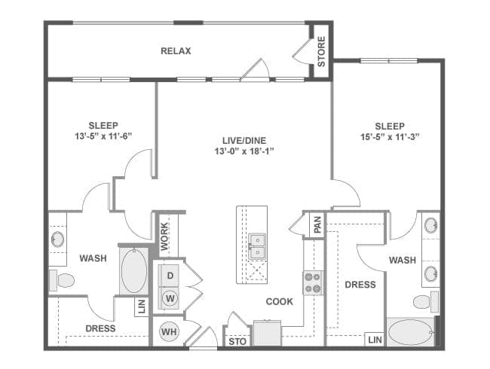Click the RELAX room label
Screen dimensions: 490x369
(x=176, y=51)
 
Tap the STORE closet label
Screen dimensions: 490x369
(x=321, y=51)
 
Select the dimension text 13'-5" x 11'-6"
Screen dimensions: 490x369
(x=103, y=136)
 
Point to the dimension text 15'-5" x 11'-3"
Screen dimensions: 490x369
(x=390, y=137)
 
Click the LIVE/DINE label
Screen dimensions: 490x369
(x=244, y=141)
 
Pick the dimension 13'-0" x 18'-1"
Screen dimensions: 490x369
(x=244, y=151)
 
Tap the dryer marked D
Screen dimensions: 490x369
(x=170, y=276)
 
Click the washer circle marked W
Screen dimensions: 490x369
(x=170, y=298)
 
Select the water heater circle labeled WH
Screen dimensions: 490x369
(x=169, y=331)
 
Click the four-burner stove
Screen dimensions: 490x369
(x=313, y=283)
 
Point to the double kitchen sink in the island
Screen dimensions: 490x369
(x=257, y=246)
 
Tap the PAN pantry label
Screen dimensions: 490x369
(x=317, y=224)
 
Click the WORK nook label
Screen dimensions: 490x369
(x=164, y=236)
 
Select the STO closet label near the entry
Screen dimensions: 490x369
(x=237, y=342)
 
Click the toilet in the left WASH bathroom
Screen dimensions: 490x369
(x=62, y=280)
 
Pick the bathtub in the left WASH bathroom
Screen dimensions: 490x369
(x=134, y=271)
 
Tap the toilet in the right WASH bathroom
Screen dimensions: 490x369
(x=426, y=302)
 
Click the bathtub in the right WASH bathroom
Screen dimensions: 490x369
(x=411, y=332)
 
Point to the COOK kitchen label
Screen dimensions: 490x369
(x=280, y=301)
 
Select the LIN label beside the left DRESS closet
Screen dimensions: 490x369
(x=142, y=307)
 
